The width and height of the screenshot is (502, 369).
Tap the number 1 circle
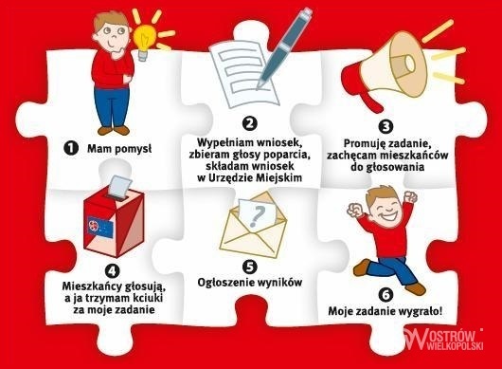point(71,148)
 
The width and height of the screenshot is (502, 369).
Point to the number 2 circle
point(249,123)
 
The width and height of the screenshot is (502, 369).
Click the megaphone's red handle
point(372,101)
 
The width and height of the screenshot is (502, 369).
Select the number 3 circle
point(385,126)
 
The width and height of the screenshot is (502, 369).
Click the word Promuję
point(364,144)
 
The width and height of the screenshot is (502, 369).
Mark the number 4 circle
point(112,271)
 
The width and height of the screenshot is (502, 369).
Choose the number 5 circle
point(249,267)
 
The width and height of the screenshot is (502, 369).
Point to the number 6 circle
point(385,295)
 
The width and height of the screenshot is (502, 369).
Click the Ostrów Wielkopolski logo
point(443,340)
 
